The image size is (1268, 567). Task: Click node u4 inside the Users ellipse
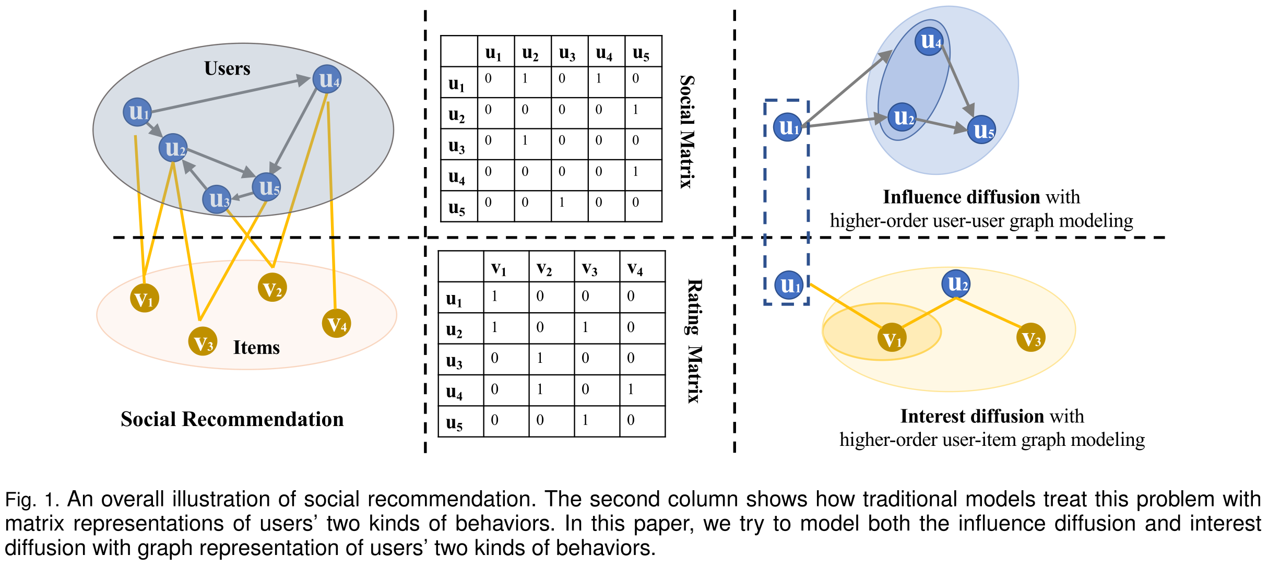[x=327, y=79]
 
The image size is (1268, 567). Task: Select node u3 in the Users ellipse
[x=217, y=199]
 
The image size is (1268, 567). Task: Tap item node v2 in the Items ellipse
[x=272, y=288]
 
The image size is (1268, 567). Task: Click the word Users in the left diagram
[x=227, y=68]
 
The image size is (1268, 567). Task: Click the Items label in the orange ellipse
[x=256, y=347]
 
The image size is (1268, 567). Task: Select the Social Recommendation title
[x=232, y=419]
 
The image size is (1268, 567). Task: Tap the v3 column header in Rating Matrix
[x=590, y=268]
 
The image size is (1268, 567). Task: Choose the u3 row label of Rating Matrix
[x=454, y=360]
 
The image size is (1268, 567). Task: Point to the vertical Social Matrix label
[x=687, y=132]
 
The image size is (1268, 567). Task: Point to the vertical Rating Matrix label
[x=694, y=341]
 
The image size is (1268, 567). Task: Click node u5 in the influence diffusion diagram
[x=982, y=130]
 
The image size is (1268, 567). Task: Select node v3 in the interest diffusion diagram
[x=1031, y=338]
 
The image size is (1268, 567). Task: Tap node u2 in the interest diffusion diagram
[x=956, y=284]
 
